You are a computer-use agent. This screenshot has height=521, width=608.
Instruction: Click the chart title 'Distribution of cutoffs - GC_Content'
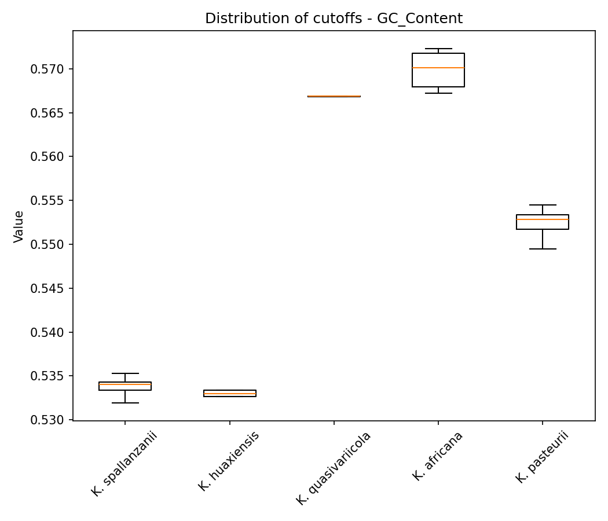[334, 19]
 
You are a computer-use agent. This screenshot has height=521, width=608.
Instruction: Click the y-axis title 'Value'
[19, 226]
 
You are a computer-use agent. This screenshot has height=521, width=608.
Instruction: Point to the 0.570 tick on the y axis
[49, 69]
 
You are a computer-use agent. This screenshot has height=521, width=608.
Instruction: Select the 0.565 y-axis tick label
[49, 113]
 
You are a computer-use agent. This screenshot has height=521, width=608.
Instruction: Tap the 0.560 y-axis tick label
[49, 157]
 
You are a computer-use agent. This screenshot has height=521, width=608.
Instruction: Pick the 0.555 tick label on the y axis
[49, 201]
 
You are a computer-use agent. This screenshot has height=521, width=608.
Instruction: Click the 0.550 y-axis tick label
[49, 244]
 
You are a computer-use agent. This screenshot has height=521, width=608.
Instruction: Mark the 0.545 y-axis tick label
[49, 288]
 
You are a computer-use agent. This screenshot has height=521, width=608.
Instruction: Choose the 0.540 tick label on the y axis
[49, 332]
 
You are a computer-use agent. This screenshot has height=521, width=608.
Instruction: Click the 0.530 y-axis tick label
[49, 420]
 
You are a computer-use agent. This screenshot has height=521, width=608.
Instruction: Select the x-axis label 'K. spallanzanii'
[124, 463]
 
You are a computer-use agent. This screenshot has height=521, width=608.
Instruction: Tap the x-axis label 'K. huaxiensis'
[229, 461]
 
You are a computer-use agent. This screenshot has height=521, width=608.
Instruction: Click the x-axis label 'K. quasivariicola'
[334, 468]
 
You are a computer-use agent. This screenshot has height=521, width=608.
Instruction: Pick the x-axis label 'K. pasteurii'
[542, 457]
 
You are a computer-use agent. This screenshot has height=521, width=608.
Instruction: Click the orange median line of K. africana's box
[438, 68]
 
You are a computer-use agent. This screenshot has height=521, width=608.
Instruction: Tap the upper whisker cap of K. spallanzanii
[125, 373]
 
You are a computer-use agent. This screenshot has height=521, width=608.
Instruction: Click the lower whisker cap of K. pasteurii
[542, 249]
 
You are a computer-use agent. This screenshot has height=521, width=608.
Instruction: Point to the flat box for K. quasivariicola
[334, 96]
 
